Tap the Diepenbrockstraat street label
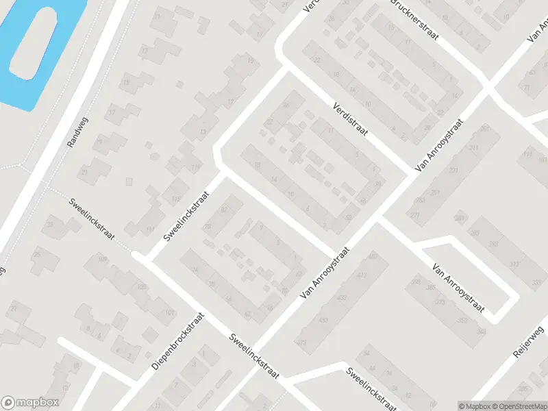click(x=178, y=341)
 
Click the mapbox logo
click(x=30, y=403)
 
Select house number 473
click(x=302, y=341)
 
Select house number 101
click(x=169, y=313)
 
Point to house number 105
click(x=142, y=286)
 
